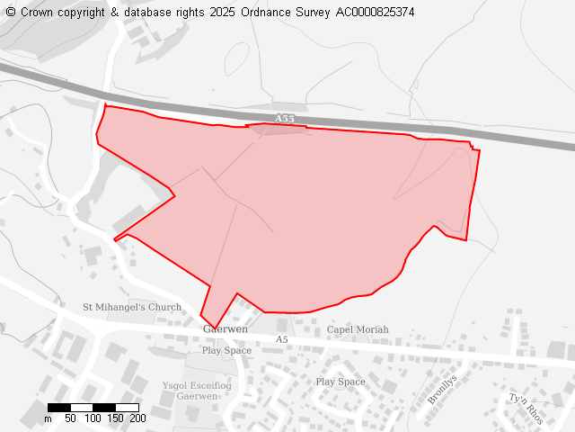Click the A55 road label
click(x=284, y=119)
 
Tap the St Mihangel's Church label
click(x=132, y=307)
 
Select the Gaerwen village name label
click(x=226, y=329)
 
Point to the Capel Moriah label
click(x=358, y=329)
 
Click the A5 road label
click(x=282, y=339)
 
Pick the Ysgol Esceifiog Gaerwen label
click(x=197, y=391)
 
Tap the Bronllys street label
click(x=442, y=389)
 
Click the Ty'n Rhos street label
click(x=526, y=409)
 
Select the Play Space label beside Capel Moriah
click(x=341, y=382)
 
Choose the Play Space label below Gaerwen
click(x=226, y=350)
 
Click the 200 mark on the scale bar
click(x=137, y=418)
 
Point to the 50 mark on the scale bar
click(x=70, y=418)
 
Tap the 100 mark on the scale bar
click(x=93, y=418)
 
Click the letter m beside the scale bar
click(x=48, y=418)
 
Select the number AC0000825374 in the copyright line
click(x=376, y=13)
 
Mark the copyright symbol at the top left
click(x=11, y=13)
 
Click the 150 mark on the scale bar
click(x=115, y=418)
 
